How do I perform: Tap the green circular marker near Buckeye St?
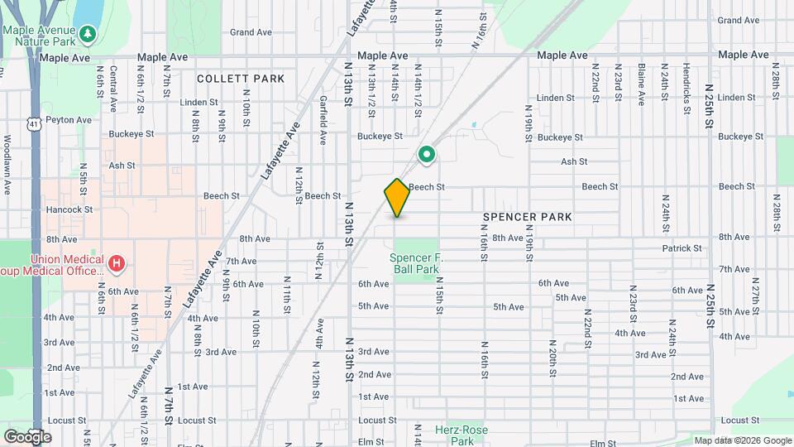coord(427,155)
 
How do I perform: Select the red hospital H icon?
coord(117,265)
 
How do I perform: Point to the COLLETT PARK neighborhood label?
coord(241,79)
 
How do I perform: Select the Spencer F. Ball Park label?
coord(416,263)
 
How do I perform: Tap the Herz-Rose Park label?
coord(462,435)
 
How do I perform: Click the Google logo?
coord(27,437)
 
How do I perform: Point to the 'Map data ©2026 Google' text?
coord(743,440)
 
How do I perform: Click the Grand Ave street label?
coord(251,32)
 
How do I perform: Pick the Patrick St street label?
coord(682,248)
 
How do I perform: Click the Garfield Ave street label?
coord(323,120)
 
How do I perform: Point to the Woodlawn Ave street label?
coord(7,164)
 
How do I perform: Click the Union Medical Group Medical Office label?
coord(54,264)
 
